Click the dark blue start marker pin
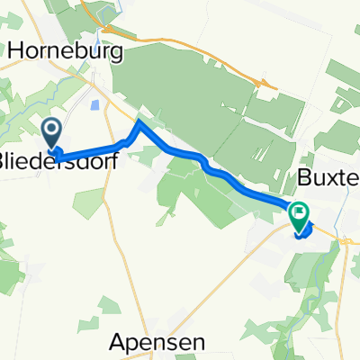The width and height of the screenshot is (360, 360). click(52, 135)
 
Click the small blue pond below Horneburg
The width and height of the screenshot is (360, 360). click(94, 104)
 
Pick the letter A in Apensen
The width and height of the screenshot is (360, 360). click(118, 342)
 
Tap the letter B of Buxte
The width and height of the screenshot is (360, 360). click(303, 175)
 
